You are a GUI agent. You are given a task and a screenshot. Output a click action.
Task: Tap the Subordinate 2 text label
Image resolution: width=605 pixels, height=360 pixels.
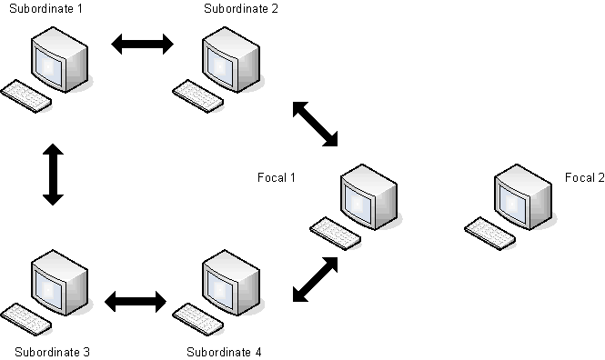click(241, 9)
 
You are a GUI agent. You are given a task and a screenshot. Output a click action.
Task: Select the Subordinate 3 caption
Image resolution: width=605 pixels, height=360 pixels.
click(52, 351)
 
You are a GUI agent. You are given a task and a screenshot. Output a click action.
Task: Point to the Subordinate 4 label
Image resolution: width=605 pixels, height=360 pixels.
click(224, 351)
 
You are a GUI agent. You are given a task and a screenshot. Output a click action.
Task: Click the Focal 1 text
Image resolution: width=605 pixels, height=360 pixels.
click(277, 177)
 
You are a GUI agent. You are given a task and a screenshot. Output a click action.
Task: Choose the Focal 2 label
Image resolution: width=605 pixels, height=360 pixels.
click(583, 177)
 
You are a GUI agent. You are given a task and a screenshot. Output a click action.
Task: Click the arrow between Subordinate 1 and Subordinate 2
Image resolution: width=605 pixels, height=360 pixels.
click(141, 44)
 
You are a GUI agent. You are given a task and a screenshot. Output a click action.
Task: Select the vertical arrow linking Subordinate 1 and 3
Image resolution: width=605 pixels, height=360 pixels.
click(53, 173)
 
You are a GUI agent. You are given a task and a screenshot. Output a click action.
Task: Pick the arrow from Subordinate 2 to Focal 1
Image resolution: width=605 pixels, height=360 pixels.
click(315, 125)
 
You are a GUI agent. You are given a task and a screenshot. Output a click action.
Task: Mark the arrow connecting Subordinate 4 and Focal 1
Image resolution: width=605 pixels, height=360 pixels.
click(315, 278)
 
